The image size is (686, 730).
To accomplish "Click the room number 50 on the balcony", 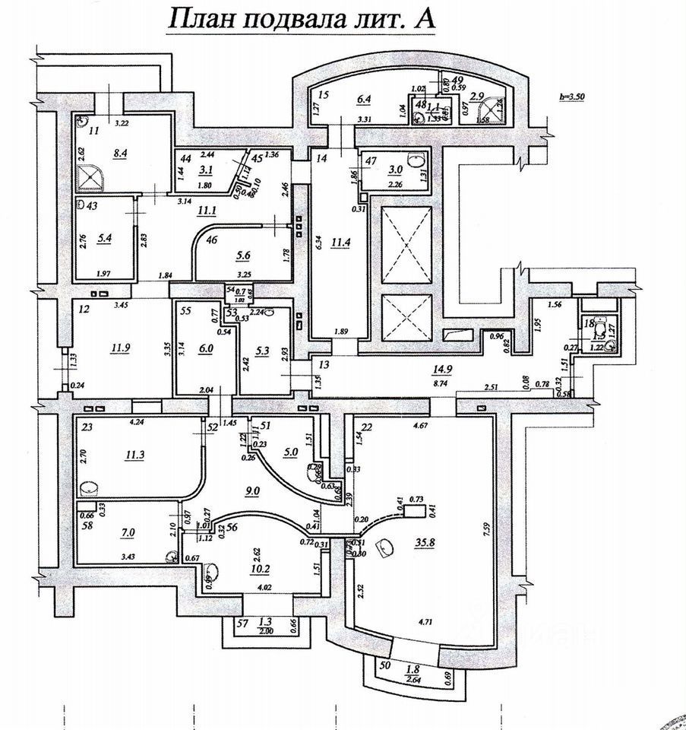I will pos(384,666).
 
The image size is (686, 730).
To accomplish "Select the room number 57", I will pos(242,623).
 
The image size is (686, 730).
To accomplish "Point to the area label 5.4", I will pos(105,237).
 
